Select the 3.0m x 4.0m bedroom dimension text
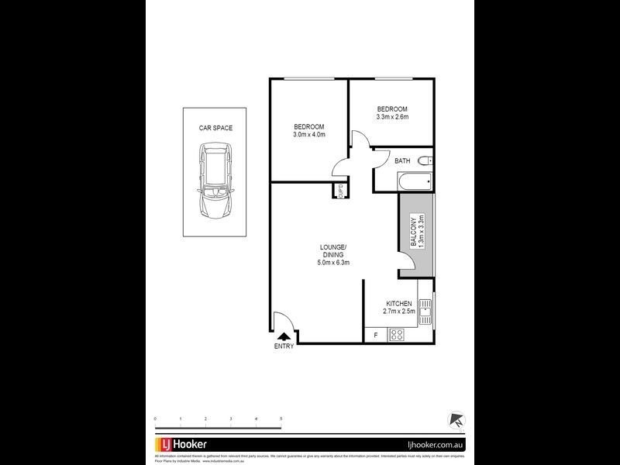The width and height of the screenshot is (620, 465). [308, 135]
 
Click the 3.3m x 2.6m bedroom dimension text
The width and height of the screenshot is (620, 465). [392, 117]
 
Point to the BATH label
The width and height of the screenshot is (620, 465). [402, 160]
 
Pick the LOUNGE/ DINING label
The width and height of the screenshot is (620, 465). [333, 252]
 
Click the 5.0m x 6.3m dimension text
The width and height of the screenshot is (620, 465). [333, 263]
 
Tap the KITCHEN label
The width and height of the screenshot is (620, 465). [399, 303]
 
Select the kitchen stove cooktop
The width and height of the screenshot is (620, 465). [397, 335]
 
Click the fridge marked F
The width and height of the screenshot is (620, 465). [376, 336]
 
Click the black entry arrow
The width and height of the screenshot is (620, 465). [284, 336]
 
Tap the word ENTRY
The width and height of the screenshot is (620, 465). [284, 346]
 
